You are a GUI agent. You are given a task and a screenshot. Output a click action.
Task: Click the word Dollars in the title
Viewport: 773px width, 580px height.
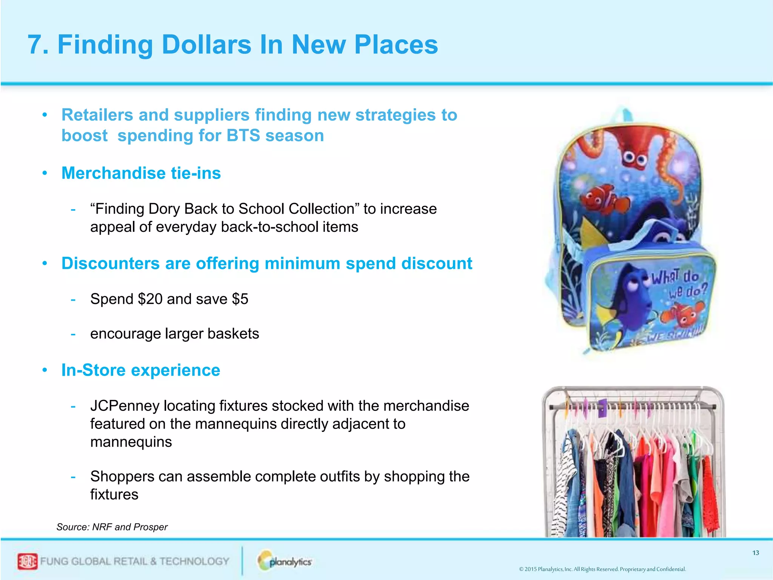(206, 45)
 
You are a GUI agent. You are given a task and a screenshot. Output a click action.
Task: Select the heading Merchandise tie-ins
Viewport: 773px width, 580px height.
(141, 173)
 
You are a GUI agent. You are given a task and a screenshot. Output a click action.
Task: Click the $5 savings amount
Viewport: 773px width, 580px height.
(240, 299)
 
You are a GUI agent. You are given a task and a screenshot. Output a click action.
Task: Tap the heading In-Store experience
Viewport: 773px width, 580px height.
(140, 370)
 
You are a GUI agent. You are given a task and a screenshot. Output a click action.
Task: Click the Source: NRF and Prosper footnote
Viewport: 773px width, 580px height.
(112, 527)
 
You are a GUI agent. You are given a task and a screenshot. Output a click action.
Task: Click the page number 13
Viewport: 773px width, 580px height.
(755, 553)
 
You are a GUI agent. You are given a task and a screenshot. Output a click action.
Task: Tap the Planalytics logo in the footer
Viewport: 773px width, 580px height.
(285, 561)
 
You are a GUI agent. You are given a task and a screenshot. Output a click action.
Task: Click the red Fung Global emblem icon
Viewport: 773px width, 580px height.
(27, 561)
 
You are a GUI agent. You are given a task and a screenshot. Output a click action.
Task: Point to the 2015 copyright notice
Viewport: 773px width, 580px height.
(602, 569)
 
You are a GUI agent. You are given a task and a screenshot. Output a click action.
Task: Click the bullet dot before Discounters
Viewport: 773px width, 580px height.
(45, 263)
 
